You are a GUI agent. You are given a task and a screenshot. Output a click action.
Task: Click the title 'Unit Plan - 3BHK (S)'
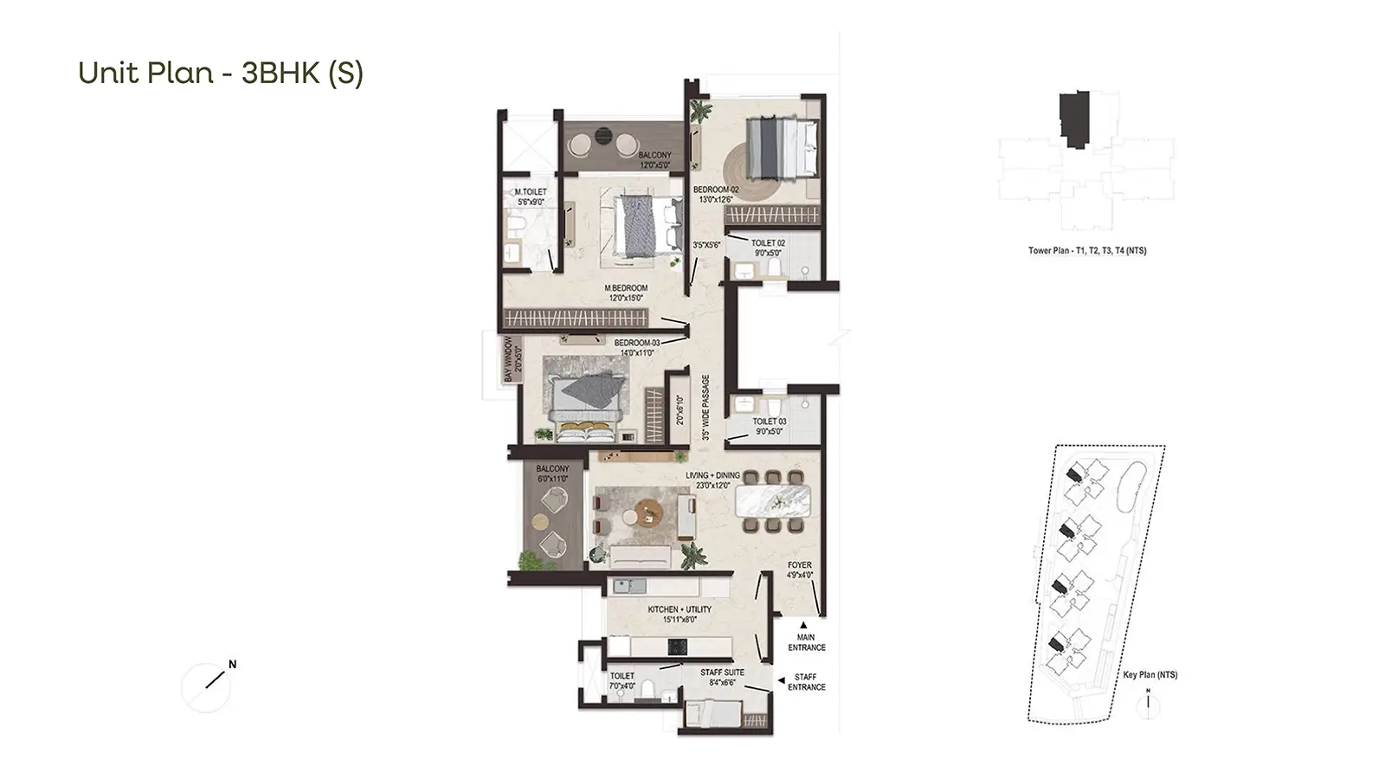[x=221, y=73]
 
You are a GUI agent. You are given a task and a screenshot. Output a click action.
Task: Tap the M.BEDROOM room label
[x=626, y=288]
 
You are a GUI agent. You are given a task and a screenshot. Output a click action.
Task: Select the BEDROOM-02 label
[x=716, y=190]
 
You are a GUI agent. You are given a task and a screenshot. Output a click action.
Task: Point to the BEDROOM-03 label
[x=637, y=343]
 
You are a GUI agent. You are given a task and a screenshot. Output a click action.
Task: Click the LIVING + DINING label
[x=712, y=475]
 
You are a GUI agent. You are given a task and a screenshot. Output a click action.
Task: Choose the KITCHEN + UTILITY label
[x=680, y=609]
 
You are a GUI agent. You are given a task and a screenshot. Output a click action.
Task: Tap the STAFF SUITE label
[x=722, y=673]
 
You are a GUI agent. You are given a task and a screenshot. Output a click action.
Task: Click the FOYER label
[x=800, y=565]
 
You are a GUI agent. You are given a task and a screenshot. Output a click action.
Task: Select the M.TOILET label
[x=531, y=192]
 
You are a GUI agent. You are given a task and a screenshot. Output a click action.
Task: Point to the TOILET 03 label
[x=770, y=422]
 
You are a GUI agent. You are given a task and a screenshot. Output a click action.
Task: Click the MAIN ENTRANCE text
[x=806, y=642]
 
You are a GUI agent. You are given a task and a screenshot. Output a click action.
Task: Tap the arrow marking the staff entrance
[x=782, y=680]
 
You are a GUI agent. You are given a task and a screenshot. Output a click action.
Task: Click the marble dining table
[x=773, y=501]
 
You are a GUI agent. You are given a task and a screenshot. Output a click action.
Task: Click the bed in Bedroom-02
[x=783, y=147]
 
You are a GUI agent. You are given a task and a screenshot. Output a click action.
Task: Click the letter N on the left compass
[x=233, y=665]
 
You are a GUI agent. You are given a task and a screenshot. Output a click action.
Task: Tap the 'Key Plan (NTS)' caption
[x=1150, y=674]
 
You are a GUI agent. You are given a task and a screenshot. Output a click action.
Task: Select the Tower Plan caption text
[x=1087, y=251]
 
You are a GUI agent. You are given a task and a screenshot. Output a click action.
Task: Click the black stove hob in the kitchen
[x=678, y=647]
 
